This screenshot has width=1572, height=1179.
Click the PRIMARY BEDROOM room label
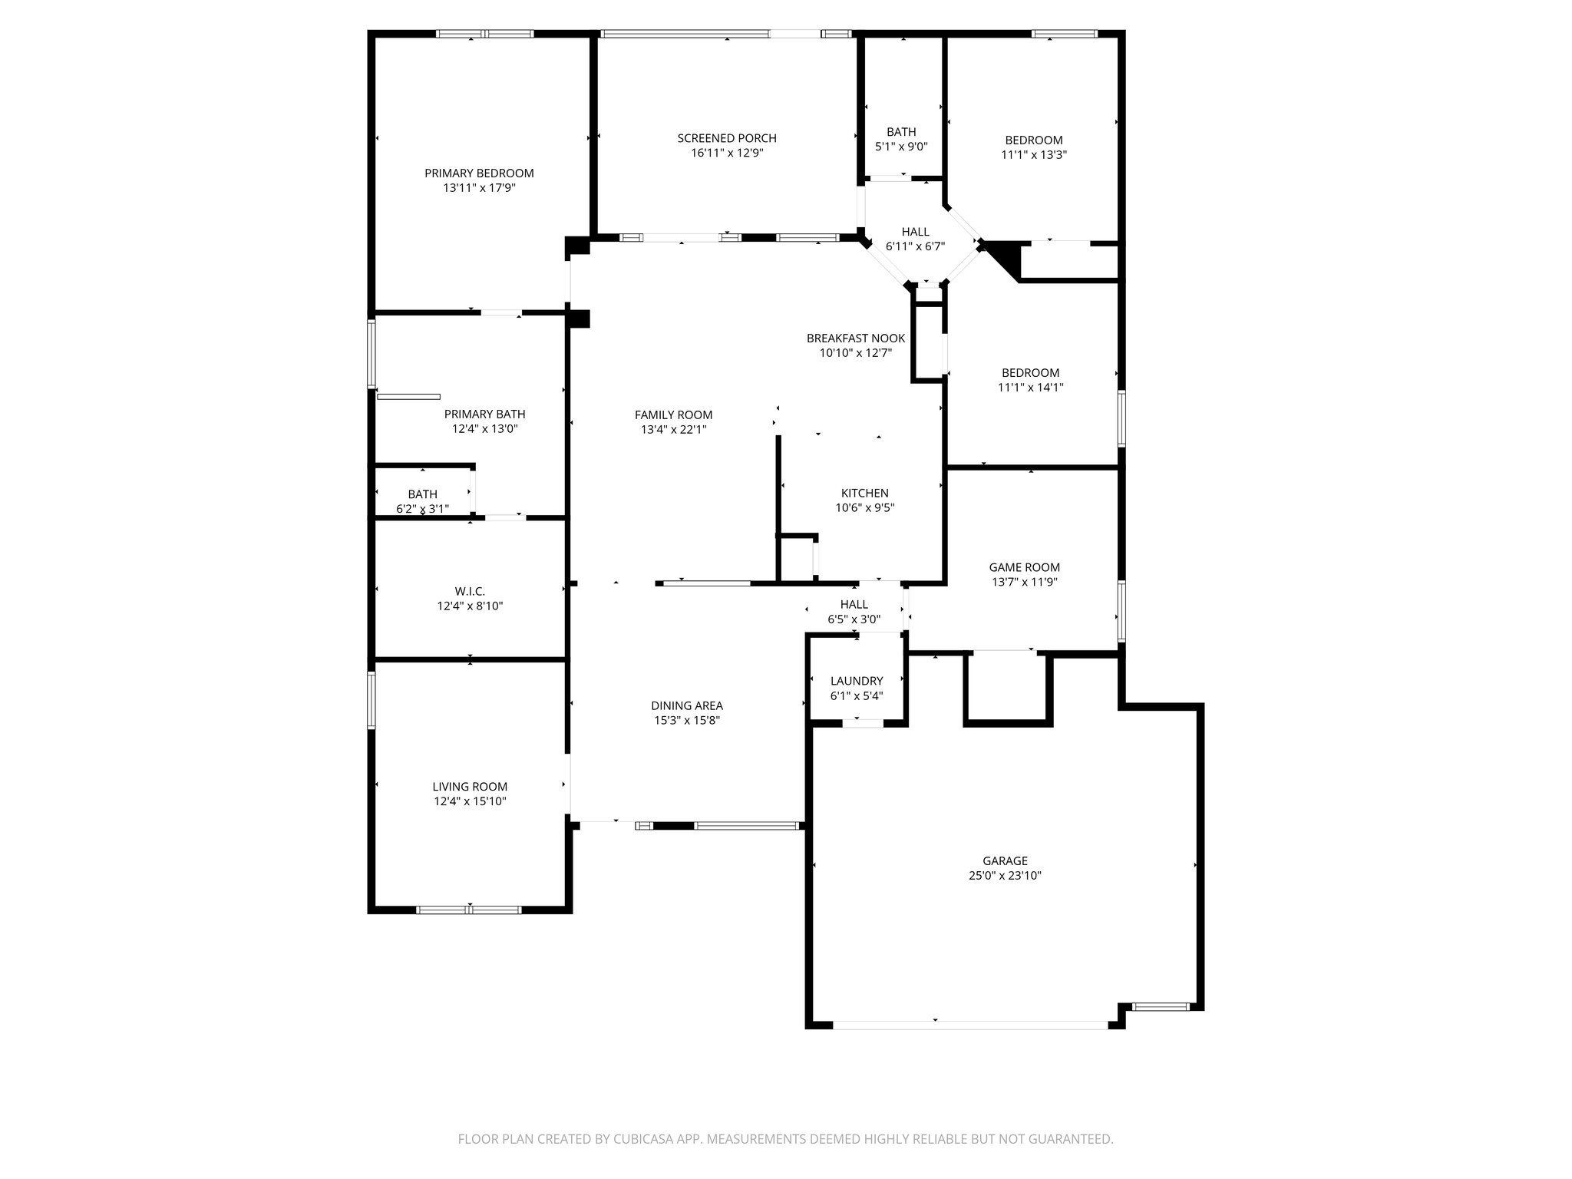point(479,173)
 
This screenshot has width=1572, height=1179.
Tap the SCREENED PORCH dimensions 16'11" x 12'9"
point(727,153)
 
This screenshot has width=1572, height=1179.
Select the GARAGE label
point(1005,861)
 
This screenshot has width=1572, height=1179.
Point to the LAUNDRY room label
point(857,681)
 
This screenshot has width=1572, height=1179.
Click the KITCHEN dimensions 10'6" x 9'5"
point(865,507)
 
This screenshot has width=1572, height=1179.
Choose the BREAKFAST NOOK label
point(856,339)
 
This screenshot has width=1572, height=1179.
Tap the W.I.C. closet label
point(470,591)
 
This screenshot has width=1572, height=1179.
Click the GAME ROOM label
point(1024,567)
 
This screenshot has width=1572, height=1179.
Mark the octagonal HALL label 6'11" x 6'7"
point(915,232)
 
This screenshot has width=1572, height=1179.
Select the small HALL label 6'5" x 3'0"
point(854,605)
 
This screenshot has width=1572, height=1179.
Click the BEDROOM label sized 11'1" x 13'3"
point(1034,140)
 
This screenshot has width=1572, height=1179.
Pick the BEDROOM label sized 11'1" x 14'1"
point(1030,373)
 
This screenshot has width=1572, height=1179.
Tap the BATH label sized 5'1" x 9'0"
point(901,132)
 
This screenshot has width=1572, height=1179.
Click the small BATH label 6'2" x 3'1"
point(422,494)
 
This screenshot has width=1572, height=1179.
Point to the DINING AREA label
point(687,706)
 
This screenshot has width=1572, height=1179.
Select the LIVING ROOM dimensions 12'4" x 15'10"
point(470,801)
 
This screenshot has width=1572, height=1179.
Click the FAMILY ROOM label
point(673,415)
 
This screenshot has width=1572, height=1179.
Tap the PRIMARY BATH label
point(484,414)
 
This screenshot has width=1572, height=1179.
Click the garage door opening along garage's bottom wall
point(971,1024)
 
